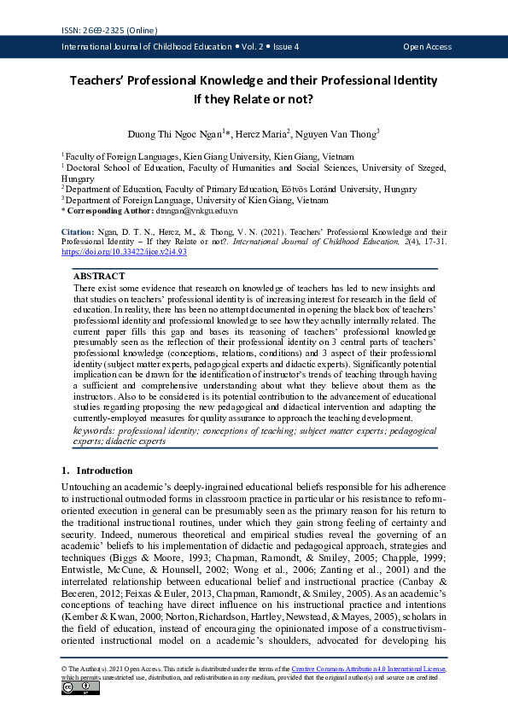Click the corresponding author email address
tap(197, 209)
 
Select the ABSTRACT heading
tap(99, 277)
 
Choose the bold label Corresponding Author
tap(111, 209)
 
